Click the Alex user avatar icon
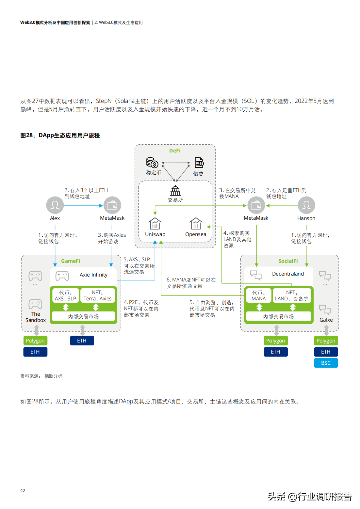pos(55,205)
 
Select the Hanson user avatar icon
pos(306,205)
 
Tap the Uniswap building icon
pos(155,224)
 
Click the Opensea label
pos(196,234)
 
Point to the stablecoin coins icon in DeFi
pos(152,163)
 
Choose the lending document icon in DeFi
pos(199,163)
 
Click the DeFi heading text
pos(175,151)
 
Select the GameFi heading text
pos(71,261)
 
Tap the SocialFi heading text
pos(288,261)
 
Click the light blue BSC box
pos(326,363)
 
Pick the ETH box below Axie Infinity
pos(82,341)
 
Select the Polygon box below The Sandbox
pos(35,341)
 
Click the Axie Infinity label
pos(93,275)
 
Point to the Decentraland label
pos(288,274)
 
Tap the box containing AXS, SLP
pos(65,295)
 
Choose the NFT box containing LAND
pos(292,295)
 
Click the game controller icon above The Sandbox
pos(35,304)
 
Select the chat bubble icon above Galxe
pos(325,309)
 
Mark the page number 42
pos(23,490)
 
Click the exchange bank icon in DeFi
pos(175,190)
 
